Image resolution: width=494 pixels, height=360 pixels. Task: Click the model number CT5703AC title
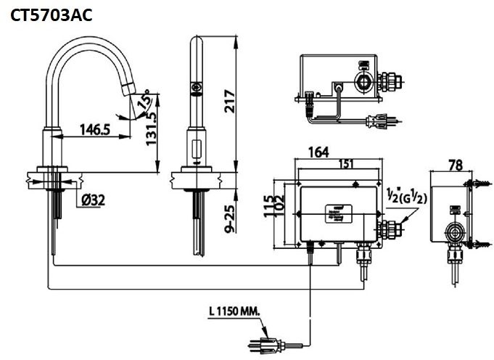tap(51, 15)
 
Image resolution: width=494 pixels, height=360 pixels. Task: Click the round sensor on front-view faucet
tap(195, 89)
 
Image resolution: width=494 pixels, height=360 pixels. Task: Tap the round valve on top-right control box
tap(363, 81)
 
